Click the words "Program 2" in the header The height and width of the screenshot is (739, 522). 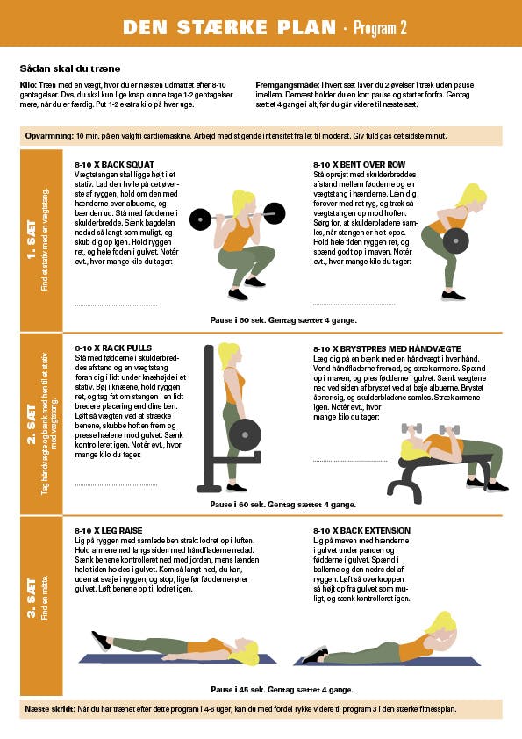pyautogui.click(x=380, y=28)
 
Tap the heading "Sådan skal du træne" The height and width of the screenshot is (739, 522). pyautogui.click(x=69, y=68)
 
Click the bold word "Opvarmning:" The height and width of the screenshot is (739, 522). pyautogui.click(x=49, y=136)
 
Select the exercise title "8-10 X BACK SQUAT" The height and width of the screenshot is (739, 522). pyautogui.click(x=114, y=164)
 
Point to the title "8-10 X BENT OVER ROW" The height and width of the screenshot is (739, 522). pyautogui.click(x=359, y=164)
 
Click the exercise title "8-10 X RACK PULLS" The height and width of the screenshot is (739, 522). pyautogui.click(x=113, y=348)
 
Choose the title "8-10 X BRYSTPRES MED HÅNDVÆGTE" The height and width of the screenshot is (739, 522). pyautogui.click(x=387, y=349)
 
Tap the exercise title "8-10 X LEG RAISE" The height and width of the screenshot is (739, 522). pyautogui.click(x=109, y=531)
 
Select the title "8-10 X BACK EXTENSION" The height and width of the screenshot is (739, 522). pyautogui.click(x=361, y=531)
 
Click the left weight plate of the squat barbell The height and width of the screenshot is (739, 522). pyautogui.click(x=200, y=219)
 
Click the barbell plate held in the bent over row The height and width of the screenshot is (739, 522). pyautogui.click(x=456, y=240)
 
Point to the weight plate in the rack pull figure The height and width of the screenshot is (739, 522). pyautogui.click(x=245, y=434)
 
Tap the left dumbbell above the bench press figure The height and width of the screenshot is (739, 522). pyautogui.click(x=411, y=428)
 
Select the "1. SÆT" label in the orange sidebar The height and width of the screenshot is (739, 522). pyautogui.click(x=32, y=240)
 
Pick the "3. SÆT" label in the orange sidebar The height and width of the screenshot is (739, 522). pyautogui.click(x=32, y=598)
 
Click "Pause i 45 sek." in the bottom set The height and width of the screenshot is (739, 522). pyautogui.click(x=239, y=690)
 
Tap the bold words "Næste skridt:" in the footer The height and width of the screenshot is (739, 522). pyautogui.click(x=50, y=709)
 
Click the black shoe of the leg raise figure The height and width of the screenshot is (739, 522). pyautogui.click(x=101, y=641)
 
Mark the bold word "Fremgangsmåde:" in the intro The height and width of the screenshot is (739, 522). pyautogui.click(x=288, y=85)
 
